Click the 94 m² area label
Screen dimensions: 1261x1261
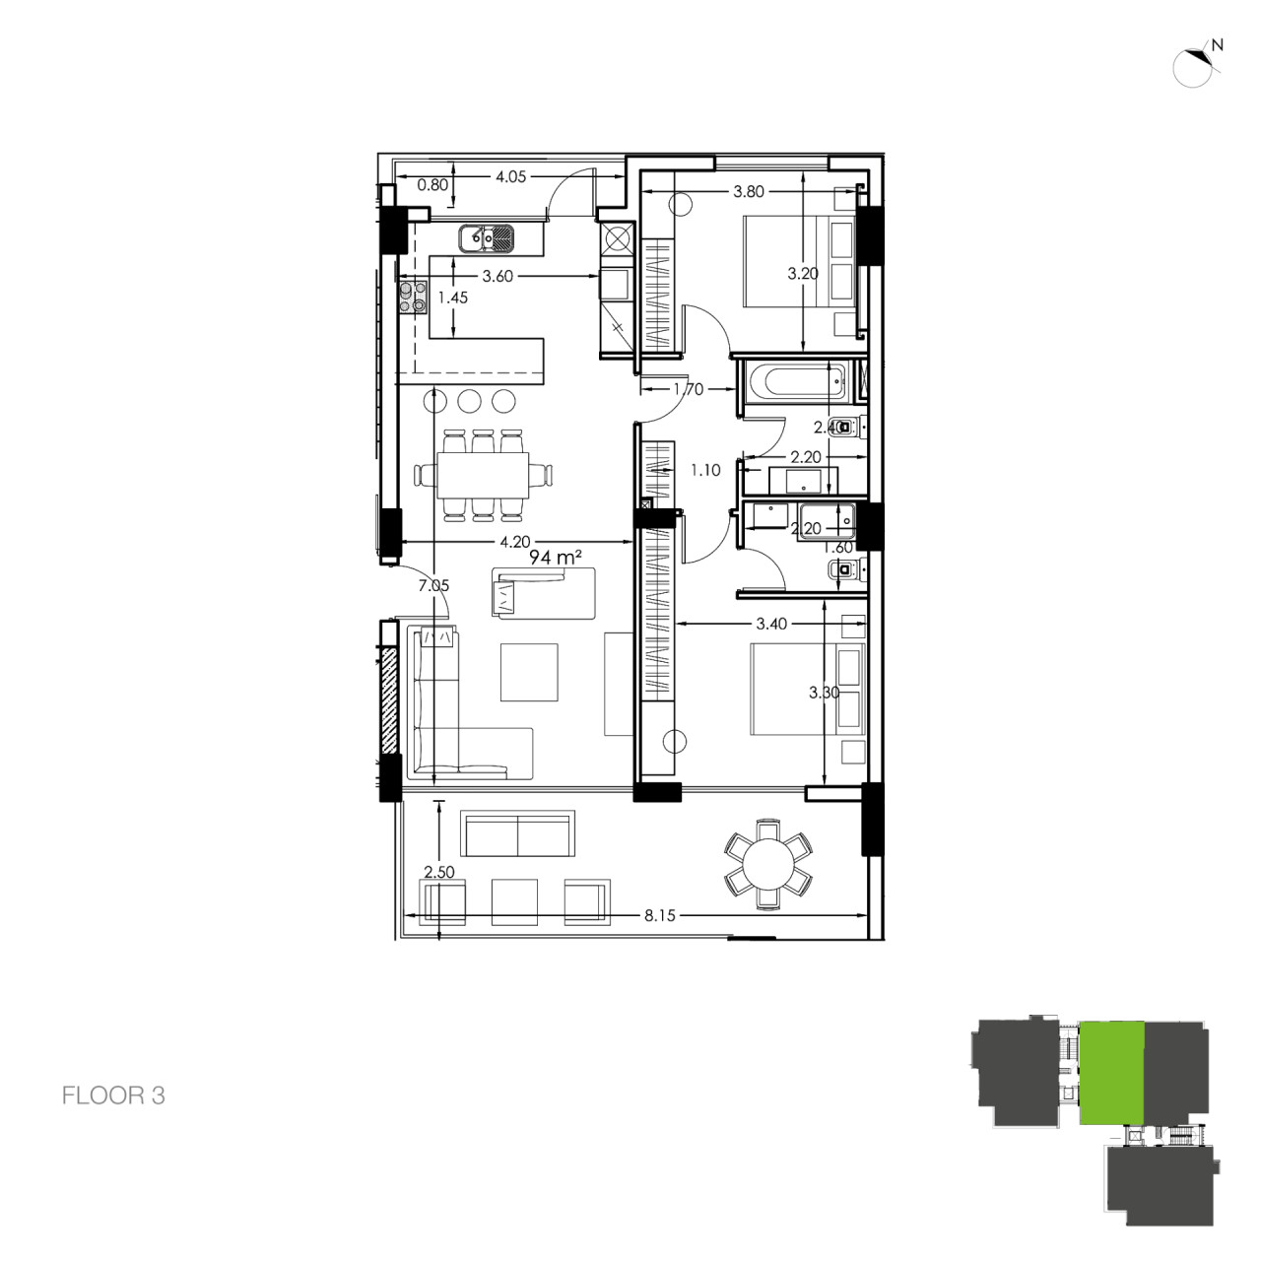point(552,558)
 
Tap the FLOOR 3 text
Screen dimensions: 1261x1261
point(113,1095)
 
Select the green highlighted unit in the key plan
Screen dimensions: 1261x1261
point(1111,1072)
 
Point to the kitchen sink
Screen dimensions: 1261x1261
point(487,236)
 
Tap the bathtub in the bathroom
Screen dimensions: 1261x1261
point(789,382)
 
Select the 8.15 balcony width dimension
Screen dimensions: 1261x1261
point(660,915)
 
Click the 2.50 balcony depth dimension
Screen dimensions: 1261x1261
point(438,872)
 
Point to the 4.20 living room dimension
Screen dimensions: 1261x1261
point(515,541)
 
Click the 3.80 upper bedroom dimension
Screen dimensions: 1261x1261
point(749,192)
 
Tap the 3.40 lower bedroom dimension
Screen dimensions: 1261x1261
point(770,624)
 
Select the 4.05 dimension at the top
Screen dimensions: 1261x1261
point(510,177)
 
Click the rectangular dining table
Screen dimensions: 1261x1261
point(483,475)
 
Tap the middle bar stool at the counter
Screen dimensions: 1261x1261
point(470,401)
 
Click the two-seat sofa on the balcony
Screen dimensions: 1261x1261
point(518,835)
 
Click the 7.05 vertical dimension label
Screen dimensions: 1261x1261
point(433,585)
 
